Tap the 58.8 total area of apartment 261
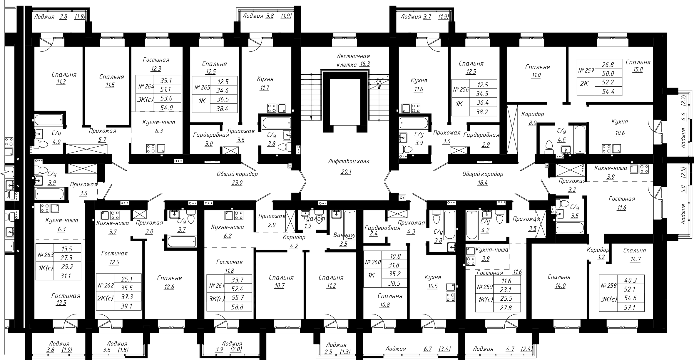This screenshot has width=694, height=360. (238, 307)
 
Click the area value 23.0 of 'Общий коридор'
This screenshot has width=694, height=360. (237, 183)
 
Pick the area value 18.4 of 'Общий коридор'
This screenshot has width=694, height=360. (483, 182)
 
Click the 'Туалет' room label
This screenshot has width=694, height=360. (315, 218)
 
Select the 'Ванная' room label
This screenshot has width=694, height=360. (344, 235)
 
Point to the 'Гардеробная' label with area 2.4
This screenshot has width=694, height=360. (382, 228)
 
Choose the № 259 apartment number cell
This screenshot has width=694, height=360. (484, 287)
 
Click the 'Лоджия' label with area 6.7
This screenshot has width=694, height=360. (396, 349)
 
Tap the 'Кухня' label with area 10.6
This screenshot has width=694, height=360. (620, 122)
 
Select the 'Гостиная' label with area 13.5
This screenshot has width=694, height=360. (66, 296)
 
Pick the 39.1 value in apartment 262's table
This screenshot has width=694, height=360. (127, 306)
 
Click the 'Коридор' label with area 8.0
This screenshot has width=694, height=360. (533, 114)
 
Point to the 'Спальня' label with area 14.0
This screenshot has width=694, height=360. (559, 277)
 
